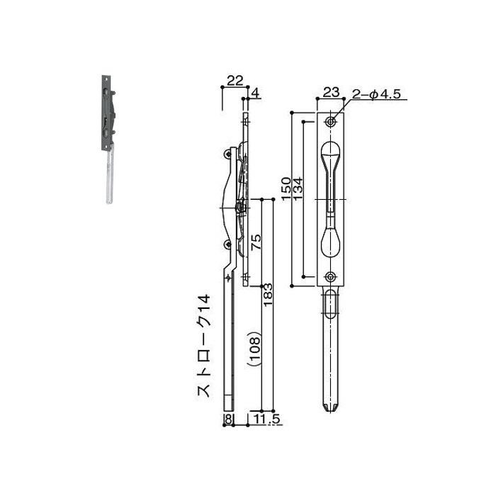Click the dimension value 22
tap(235, 81)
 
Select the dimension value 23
tap(331, 92)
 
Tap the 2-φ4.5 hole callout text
tap(376, 94)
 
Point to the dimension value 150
tap(286, 189)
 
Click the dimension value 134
tap(298, 189)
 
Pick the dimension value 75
tap(257, 242)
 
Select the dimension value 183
tap(268, 295)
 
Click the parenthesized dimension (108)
tap(254, 349)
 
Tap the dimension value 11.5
tap(266, 419)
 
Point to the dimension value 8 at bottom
tap(228, 419)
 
